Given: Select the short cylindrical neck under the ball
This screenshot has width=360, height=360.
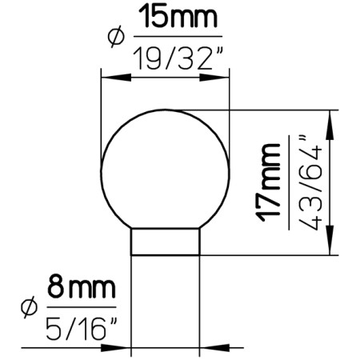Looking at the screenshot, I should point(166,241).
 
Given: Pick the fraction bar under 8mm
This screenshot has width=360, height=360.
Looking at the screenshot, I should point(80,307).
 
